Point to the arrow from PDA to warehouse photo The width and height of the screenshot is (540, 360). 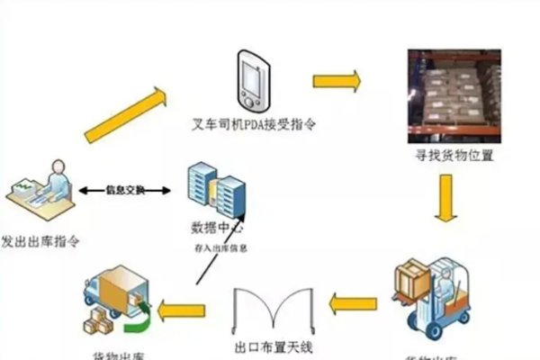(337, 81)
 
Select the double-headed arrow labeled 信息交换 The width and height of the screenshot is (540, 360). (123, 191)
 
